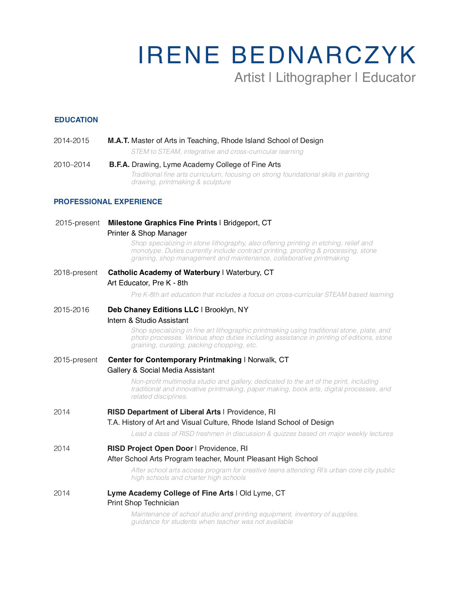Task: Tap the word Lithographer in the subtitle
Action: click(313, 78)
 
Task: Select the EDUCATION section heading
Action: click(76, 120)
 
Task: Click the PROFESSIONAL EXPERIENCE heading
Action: click(108, 202)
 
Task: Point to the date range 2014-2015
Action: click(72, 141)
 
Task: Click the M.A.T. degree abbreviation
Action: click(118, 141)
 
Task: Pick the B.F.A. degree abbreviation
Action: click(119, 164)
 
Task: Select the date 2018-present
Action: click(75, 272)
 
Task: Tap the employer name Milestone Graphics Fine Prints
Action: click(162, 223)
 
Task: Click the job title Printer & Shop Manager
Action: click(147, 233)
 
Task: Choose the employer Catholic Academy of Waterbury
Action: click(164, 272)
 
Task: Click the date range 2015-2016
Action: click(72, 310)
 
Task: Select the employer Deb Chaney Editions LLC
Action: click(153, 310)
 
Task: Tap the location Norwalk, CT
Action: click(268, 360)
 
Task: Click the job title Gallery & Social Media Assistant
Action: click(161, 370)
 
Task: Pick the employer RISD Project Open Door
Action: click(150, 448)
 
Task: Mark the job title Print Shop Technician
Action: click(143, 503)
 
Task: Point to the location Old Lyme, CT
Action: click(262, 493)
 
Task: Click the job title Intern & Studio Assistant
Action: click(148, 320)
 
